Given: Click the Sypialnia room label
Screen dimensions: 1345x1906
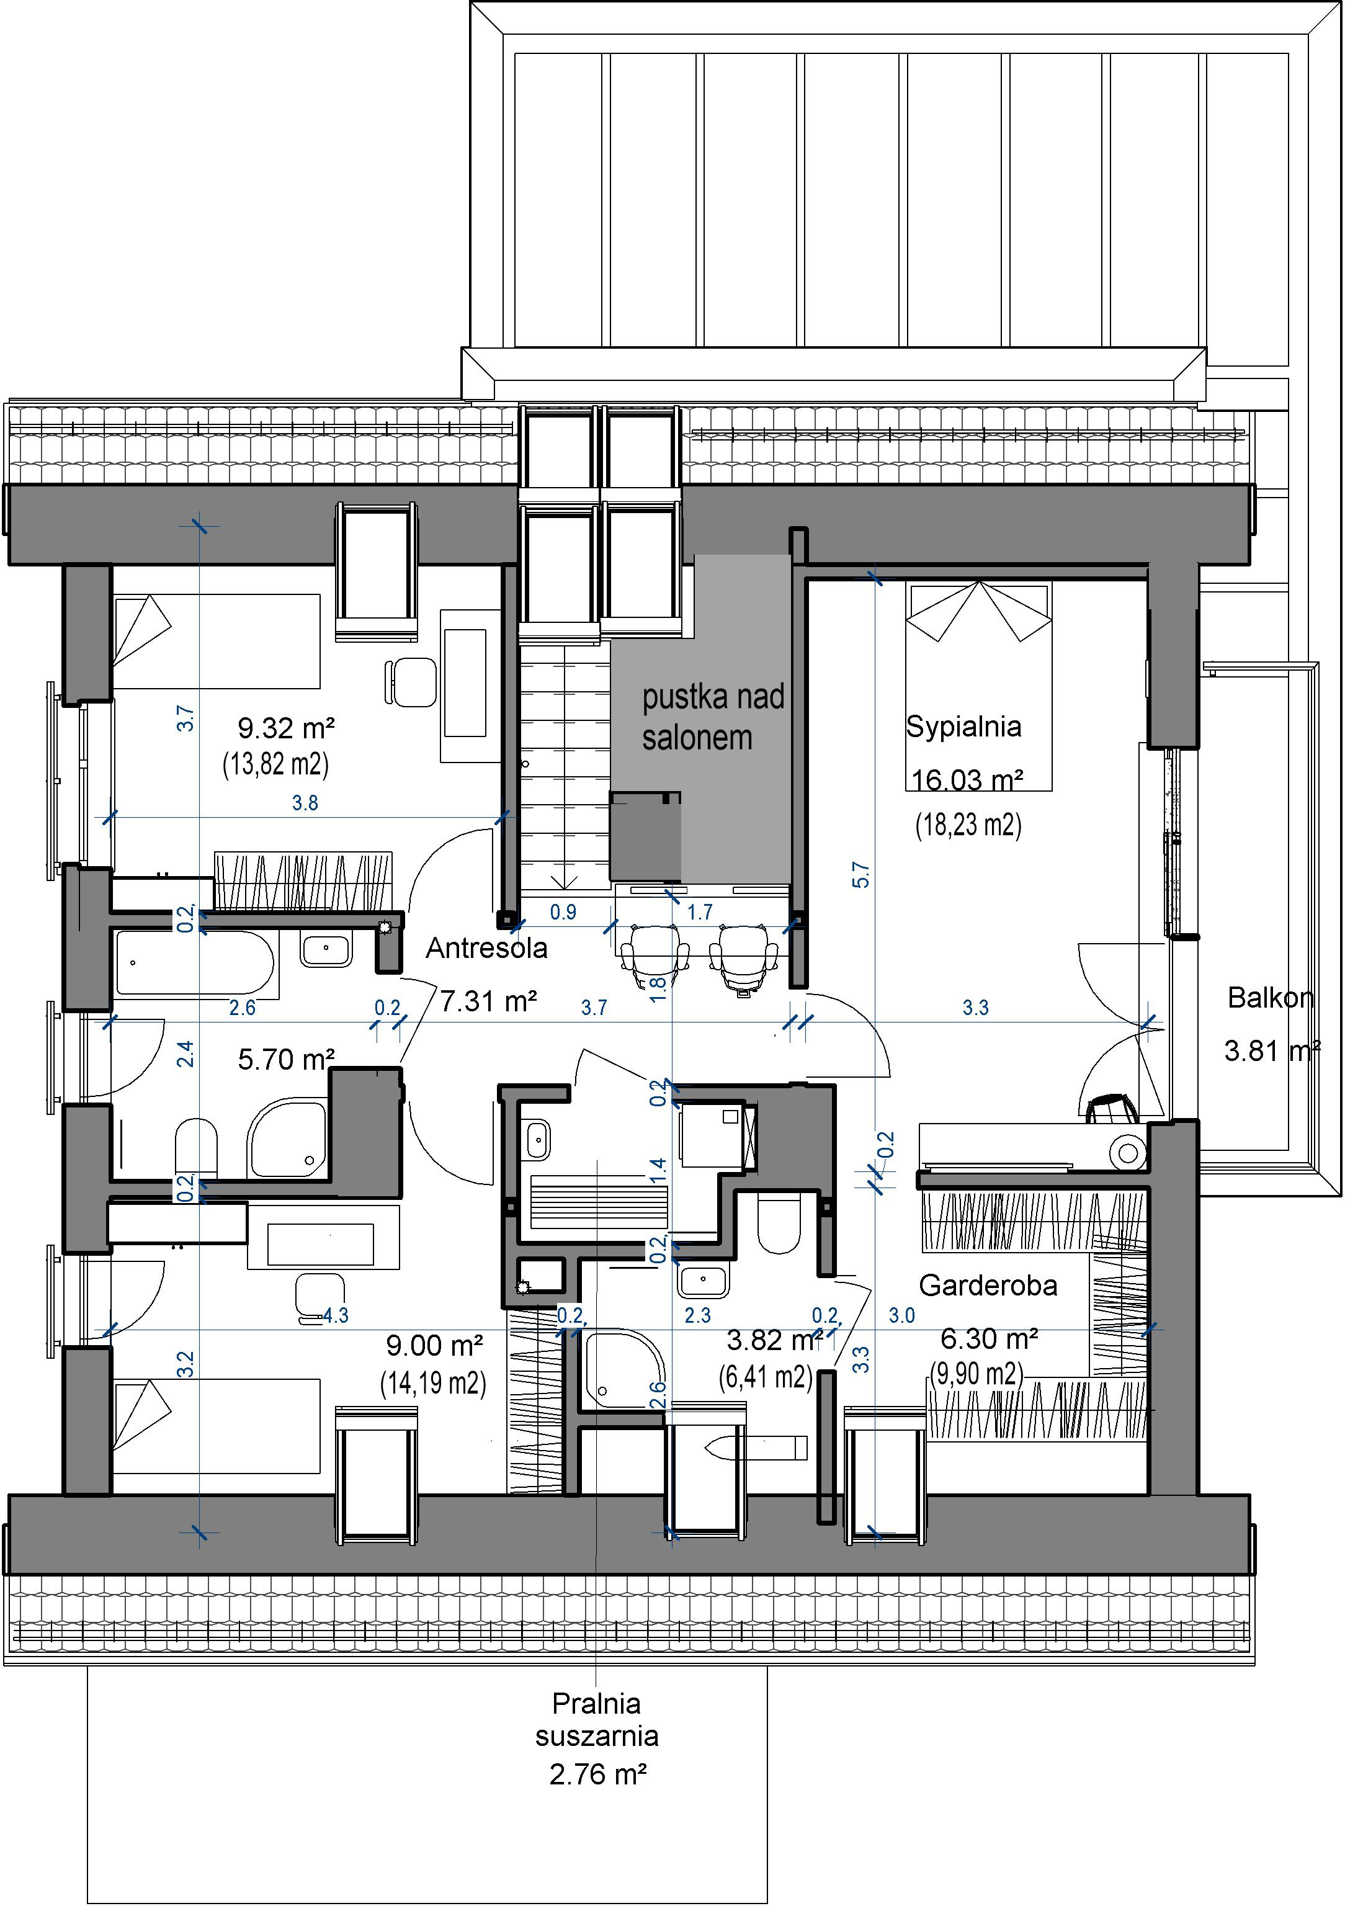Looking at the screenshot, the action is [x=963, y=727].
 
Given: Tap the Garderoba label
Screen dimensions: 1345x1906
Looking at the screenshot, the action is [x=988, y=1286].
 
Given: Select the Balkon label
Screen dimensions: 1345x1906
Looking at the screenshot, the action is [x=1271, y=997].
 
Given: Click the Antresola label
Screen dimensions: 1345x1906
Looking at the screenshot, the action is [x=486, y=948].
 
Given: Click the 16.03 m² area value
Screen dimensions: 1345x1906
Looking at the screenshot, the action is [x=967, y=781].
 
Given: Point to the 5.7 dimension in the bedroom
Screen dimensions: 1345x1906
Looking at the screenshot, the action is [x=861, y=875].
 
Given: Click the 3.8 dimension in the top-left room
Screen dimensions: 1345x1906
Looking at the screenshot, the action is [x=305, y=803].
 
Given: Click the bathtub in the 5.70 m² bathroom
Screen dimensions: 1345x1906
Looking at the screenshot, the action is [x=195, y=963].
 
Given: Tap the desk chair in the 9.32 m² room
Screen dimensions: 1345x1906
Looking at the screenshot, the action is [x=410, y=682].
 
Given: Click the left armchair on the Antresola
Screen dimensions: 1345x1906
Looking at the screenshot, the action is [x=655, y=955].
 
